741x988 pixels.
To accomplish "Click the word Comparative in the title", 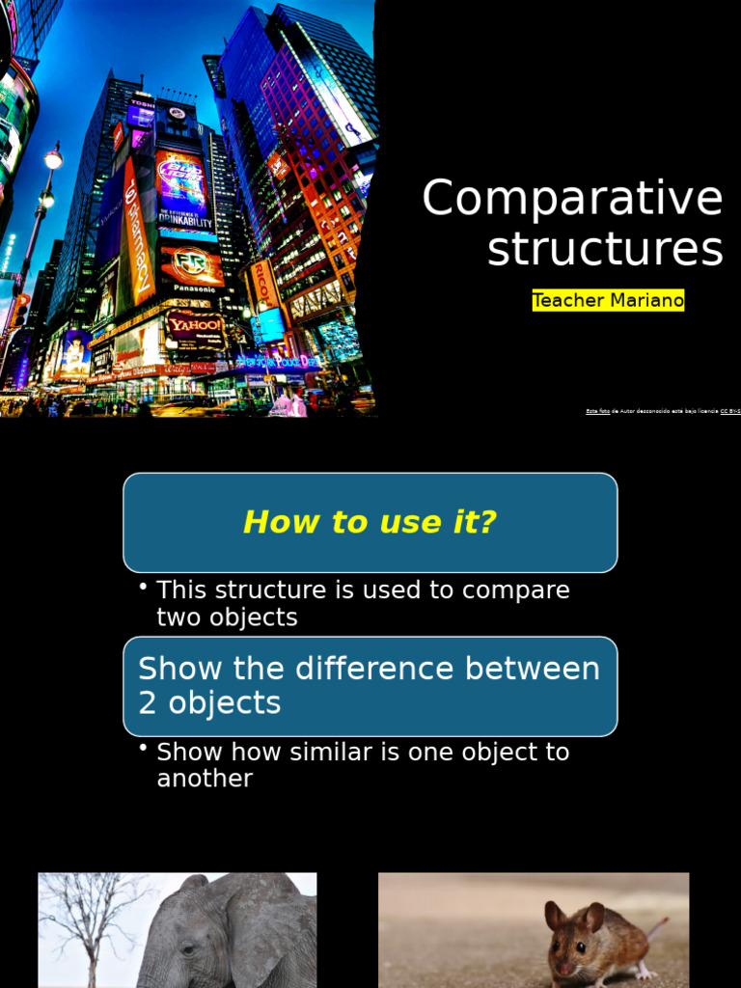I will [572, 199].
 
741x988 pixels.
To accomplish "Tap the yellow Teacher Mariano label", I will [608, 301].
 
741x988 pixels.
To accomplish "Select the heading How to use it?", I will [370, 522].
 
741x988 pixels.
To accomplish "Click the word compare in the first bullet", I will [515, 590].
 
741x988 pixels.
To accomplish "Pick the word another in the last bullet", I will [205, 778].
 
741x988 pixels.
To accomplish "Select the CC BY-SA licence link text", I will [730, 411].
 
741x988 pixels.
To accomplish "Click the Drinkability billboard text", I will [185, 221].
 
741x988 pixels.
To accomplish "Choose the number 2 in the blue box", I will [147, 702].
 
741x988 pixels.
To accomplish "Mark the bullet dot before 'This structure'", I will [143, 588].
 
